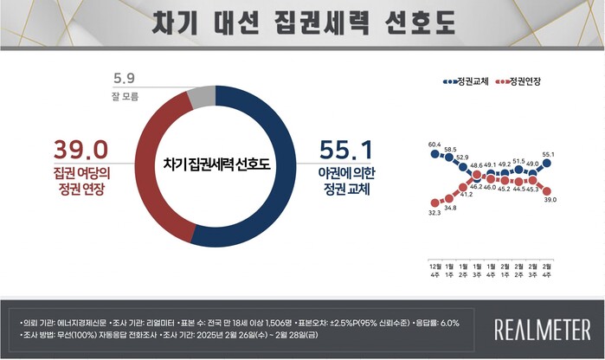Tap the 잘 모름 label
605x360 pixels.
coord(123,97)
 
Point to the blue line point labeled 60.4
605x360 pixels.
coord(434,154)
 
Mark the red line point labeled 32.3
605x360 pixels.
coord(434,202)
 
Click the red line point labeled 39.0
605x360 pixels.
coord(547,190)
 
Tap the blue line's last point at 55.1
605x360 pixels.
coord(547,163)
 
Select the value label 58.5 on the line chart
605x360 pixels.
coord(450,149)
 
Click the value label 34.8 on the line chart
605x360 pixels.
coord(450,209)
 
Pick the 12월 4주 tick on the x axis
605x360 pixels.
coord(434,267)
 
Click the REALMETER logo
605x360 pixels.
coord(543,330)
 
